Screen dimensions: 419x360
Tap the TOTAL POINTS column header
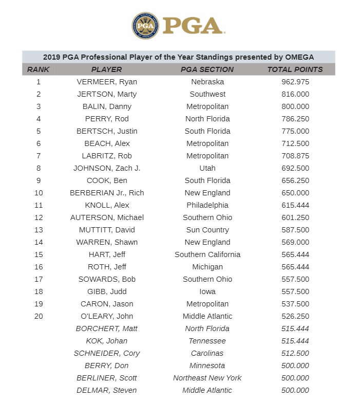point(295,69)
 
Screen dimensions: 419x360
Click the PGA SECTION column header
point(207,69)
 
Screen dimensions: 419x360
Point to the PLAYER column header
point(106,69)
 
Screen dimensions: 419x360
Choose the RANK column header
point(39,69)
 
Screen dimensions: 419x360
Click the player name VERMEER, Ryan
point(106,82)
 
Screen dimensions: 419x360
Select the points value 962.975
point(295,82)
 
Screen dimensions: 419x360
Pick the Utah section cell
point(207,168)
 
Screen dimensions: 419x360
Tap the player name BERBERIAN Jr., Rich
point(106,193)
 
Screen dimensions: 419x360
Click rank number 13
point(39,230)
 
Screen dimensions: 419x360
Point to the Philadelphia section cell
point(207,205)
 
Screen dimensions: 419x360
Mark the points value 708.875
point(295,156)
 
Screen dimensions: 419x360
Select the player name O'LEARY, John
point(106,316)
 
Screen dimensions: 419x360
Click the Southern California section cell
point(207,254)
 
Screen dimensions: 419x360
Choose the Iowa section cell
point(207,292)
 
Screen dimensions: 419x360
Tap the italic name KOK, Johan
point(106,341)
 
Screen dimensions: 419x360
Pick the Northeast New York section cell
point(207,378)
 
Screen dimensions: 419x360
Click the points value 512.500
point(295,353)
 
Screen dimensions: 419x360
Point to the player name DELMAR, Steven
point(106,390)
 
